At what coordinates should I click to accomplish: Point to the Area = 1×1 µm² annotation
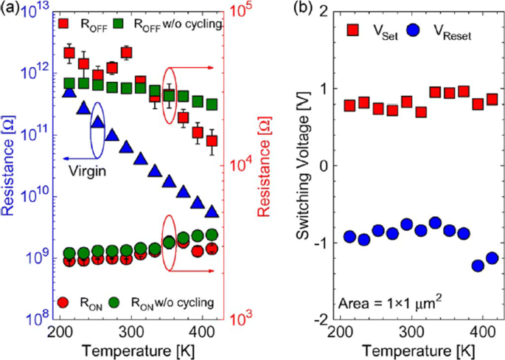(390, 302)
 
